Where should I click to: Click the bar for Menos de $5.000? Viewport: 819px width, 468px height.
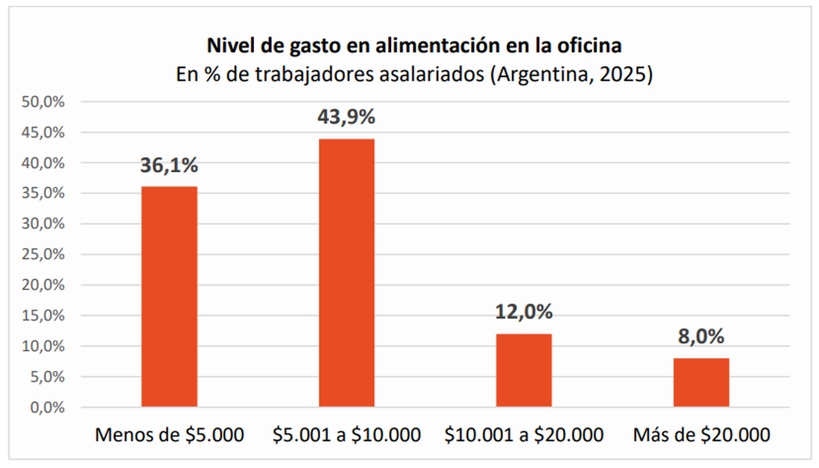(x=169, y=297)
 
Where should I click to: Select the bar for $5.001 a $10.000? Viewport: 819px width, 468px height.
(x=347, y=273)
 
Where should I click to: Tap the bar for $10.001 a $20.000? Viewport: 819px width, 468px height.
(x=524, y=370)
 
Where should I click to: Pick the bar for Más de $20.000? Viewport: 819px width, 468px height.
(x=702, y=383)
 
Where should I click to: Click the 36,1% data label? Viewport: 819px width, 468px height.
(x=169, y=165)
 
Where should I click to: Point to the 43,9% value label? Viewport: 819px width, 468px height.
(x=347, y=118)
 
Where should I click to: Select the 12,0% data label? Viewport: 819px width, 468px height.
(x=524, y=312)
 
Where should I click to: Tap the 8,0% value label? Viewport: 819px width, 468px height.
(x=702, y=337)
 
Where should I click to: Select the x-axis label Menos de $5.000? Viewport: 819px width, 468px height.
(x=169, y=435)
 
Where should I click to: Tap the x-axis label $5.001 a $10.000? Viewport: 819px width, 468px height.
(x=347, y=435)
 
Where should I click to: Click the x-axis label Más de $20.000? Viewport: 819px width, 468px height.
(x=702, y=435)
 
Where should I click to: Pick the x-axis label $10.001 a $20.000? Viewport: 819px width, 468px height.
(x=524, y=435)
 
